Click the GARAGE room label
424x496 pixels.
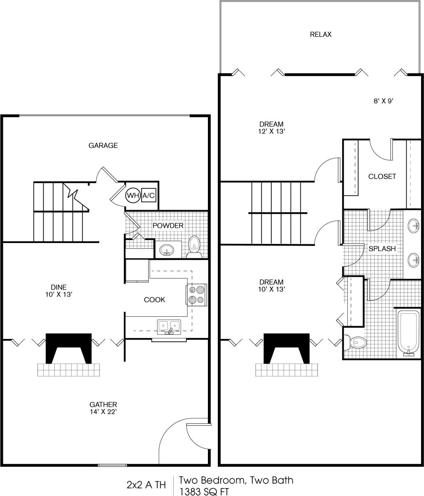pyautogui.click(x=103, y=145)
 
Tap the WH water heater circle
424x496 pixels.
pyautogui.click(x=133, y=195)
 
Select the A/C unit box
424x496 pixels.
pyautogui.click(x=149, y=195)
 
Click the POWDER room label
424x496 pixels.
pyautogui.click(x=168, y=225)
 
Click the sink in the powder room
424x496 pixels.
pyautogui.click(x=167, y=249)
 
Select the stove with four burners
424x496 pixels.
pyautogui.click(x=197, y=295)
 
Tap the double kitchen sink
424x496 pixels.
pyautogui.click(x=169, y=326)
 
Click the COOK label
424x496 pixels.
pyautogui.click(x=154, y=300)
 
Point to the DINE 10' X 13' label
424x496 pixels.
pyautogui.click(x=59, y=290)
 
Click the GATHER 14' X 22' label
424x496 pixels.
pyautogui.click(x=103, y=408)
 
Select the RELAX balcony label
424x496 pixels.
pyautogui.click(x=320, y=35)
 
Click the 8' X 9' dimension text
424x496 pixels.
pyautogui.click(x=384, y=101)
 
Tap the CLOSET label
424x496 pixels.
pyautogui.click(x=382, y=176)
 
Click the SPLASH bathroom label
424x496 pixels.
pyautogui.click(x=382, y=249)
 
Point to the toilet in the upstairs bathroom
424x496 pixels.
pyautogui.click(x=356, y=342)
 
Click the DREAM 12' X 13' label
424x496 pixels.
pyautogui.click(x=271, y=127)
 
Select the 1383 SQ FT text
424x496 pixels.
pyautogui.click(x=204, y=491)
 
